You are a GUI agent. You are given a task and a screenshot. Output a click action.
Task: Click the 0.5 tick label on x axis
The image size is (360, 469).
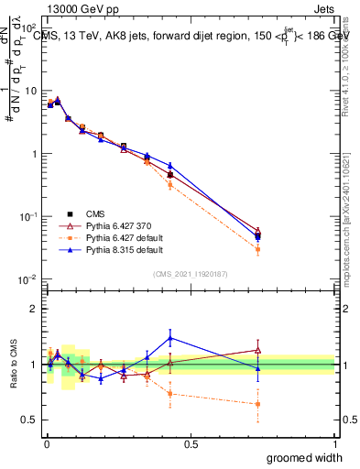pos(191,443)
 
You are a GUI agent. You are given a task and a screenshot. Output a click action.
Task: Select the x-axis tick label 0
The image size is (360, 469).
pos(46,443)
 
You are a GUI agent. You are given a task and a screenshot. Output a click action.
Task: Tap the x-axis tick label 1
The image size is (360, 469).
pos(334,443)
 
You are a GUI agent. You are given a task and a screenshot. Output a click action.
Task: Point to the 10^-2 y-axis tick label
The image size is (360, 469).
pos(29,279)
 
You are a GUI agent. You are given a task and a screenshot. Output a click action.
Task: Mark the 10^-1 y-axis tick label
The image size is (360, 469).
pos(29,217)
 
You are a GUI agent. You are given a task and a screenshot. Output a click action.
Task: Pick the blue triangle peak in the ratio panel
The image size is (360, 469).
pos(170,338)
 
